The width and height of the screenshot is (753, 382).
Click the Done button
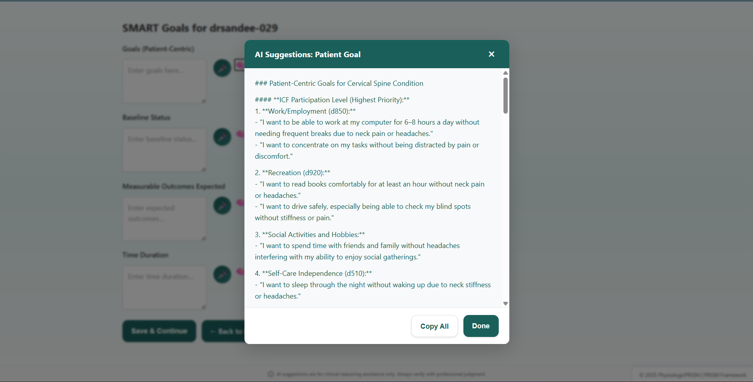481,326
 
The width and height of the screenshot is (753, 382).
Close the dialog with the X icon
491,54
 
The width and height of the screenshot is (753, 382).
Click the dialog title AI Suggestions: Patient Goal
307,54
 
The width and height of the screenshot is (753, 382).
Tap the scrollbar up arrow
505,73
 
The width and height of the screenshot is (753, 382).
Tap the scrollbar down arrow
505,304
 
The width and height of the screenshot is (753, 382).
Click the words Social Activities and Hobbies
313,235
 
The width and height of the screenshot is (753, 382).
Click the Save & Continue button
159,331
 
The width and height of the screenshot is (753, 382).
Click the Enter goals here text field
164,81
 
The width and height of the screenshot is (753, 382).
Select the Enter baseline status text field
164,150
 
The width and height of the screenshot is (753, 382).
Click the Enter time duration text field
164,288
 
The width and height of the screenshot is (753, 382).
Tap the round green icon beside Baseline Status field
222,137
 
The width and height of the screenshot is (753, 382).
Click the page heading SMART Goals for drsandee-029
200,28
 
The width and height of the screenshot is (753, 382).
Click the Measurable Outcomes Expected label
173,186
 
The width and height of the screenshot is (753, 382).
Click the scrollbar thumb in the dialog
505,95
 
